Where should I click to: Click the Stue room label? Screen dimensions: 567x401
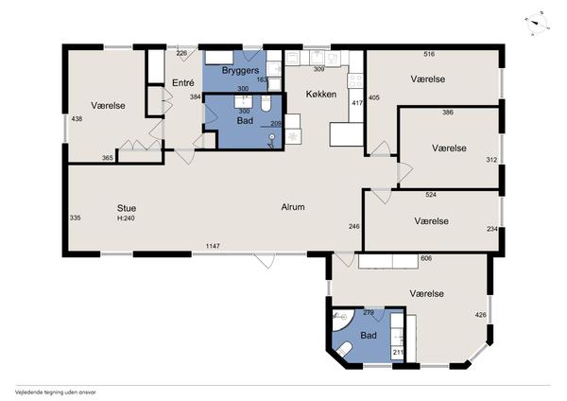coord(127,208)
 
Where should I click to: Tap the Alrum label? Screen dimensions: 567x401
coord(293,207)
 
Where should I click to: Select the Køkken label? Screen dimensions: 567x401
coord(321,94)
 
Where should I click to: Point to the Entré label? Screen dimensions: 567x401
coord(183,83)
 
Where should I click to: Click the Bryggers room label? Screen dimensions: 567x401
coord(240,71)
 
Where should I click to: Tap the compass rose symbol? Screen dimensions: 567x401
coord(538,24)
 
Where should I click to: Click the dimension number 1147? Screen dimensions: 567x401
coord(213,246)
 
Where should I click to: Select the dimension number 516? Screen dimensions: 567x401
coord(429,54)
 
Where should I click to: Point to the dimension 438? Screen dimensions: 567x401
coord(77,119)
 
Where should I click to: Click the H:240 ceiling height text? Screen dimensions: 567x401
coord(126,218)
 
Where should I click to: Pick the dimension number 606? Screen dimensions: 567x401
coord(426,258)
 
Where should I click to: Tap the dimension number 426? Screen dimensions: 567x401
coord(481,315)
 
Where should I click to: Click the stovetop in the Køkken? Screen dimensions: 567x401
coord(355,80)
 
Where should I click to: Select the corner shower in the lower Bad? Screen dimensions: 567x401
coord(343,320)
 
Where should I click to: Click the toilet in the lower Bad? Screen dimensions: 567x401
coord(344,349)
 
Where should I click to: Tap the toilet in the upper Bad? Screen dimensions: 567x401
coord(266,103)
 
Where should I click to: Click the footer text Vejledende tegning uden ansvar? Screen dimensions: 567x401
coord(56,392)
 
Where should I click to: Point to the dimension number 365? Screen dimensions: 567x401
coord(107,158)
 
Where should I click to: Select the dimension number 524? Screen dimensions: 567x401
coord(431,195)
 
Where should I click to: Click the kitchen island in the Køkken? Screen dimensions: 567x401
coord(347,134)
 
